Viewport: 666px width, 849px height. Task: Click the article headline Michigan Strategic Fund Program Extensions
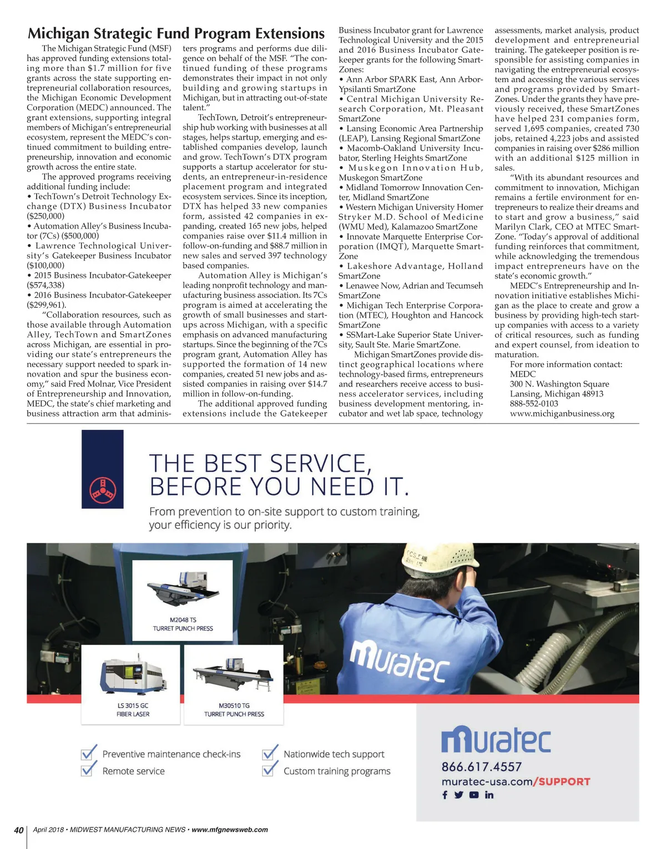176,34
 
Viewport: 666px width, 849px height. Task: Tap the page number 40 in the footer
19,830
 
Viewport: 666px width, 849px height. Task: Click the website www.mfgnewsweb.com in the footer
230,830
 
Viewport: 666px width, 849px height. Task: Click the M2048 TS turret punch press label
183,624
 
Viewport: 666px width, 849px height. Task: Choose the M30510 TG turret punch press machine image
234,677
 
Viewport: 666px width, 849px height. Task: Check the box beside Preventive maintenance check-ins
89,753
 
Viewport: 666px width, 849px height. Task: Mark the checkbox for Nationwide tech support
270,753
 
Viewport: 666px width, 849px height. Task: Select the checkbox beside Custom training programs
270,770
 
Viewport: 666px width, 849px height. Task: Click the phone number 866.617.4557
482,767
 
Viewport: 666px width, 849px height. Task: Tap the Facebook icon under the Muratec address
445,795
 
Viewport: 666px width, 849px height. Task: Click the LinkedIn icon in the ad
489,795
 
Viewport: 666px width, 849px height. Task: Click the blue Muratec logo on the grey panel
496,741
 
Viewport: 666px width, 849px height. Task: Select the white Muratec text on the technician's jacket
400,660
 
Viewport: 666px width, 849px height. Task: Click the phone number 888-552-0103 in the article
534,404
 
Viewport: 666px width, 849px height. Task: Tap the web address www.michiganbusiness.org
562,414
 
